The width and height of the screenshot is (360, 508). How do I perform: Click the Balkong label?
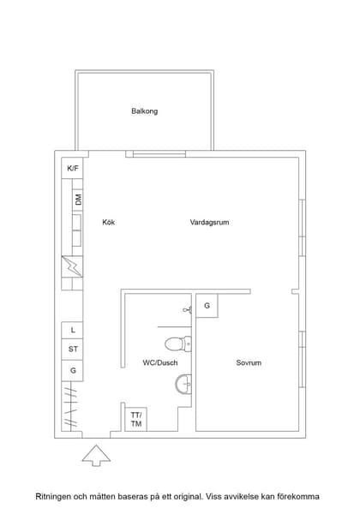click(x=144, y=111)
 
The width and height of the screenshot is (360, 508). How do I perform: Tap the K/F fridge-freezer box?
click(x=73, y=168)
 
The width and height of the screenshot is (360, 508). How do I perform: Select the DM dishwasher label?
click(x=77, y=200)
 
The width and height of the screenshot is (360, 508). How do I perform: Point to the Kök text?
click(x=108, y=223)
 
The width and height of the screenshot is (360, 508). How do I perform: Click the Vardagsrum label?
click(x=209, y=223)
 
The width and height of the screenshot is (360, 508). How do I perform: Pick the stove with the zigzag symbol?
click(x=72, y=269)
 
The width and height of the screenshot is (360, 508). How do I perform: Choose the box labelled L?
click(x=73, y=330)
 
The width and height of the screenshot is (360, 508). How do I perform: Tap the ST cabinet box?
click(x=73, y=350)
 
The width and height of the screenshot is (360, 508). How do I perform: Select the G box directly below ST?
click(x=73, y=371)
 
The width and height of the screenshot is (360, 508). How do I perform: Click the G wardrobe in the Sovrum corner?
click(x=207, y=306)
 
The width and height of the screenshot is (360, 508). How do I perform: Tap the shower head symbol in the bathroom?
click(x=186, y=310)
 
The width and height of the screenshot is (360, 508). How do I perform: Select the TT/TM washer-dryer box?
click(x=135, y=420)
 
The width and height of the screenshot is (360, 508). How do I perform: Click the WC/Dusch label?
click(x=159, y=363)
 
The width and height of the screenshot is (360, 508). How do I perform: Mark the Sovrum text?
click(x=249, y=363)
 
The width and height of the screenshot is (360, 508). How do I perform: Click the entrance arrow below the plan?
click(x=96, y=454)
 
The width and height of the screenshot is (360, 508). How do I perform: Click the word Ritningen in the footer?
click(x=52, y=496)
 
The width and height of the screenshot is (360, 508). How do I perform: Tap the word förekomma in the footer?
click(x=297, y=496)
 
